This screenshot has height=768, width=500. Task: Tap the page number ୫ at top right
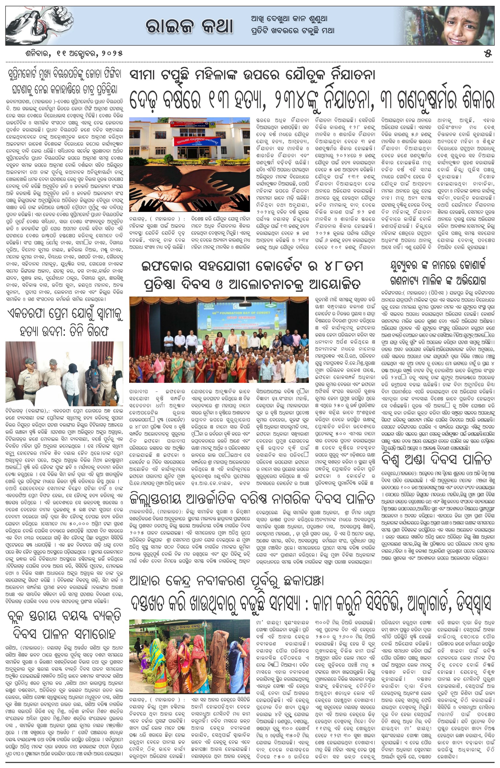coord(488,54)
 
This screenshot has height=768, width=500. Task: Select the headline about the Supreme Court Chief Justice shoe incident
coord(64,82)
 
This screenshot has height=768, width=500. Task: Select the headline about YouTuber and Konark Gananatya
coord(438,273)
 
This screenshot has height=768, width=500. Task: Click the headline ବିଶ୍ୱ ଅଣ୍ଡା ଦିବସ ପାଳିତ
coord(436,459)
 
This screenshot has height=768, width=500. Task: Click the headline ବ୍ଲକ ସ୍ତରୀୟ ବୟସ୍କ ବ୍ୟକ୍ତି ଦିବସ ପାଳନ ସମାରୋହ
coord(64,625)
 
